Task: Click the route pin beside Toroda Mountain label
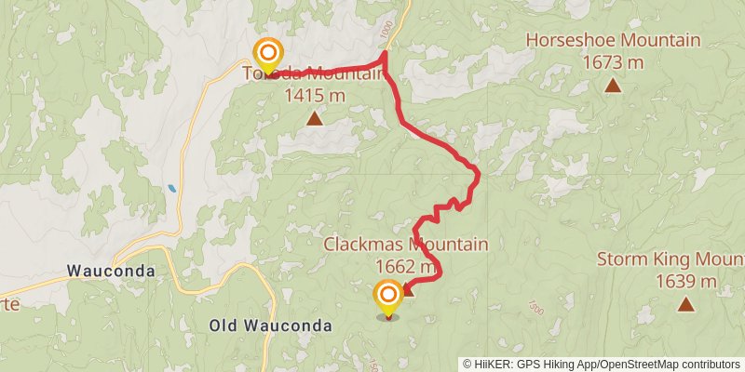268,54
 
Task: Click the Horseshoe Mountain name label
613,41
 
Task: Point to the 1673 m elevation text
613,62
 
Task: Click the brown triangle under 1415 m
315,118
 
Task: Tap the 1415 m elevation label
315,95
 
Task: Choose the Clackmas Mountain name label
406,245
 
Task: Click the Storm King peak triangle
685,304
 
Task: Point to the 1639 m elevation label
685,281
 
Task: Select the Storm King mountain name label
670,259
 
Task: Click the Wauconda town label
110,272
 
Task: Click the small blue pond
172,189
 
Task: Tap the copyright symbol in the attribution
467,364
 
